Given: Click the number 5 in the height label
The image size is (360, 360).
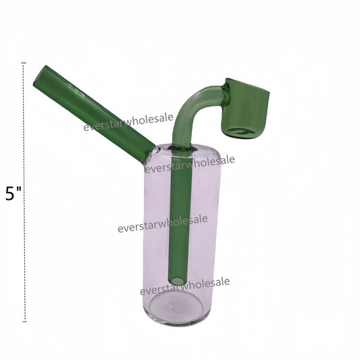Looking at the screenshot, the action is tap(10, 194).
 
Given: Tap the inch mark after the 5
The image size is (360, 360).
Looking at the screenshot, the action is tap(19, 190).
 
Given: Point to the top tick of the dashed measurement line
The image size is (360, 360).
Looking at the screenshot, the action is tap(24, 63).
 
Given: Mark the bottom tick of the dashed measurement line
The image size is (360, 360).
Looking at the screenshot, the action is tap(24, 322).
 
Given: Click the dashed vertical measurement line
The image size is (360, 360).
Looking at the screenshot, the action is tap(24, 192).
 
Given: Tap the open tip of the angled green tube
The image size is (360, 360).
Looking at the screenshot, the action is tap(39, 76).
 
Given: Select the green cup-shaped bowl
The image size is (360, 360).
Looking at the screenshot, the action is tap(246, 109).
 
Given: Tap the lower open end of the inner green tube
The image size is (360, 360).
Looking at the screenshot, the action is tap(178, 280).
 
